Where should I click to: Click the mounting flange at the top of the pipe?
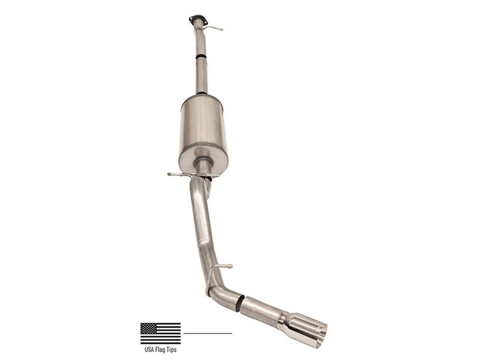(197, 20)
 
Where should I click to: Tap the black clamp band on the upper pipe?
(201, 56)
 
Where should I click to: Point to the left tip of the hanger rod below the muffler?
(170, 175)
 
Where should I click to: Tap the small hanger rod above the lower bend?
(224, 266)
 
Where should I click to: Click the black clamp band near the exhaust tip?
(240, 303)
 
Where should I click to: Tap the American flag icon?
(160, 333)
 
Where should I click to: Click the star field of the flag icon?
(149, 328)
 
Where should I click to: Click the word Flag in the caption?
(161, 349)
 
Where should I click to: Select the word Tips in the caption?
(172, 349)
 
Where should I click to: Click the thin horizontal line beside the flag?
(208, 333)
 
